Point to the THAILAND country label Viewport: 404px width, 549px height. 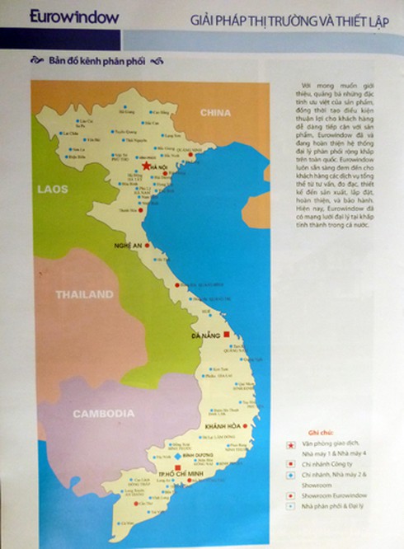[x=83, y=294]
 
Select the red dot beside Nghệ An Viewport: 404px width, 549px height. [x=148, y=246]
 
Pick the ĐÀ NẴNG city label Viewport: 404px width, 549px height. [x=206, y=336]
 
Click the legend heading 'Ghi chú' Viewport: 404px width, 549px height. [x=308, y=433]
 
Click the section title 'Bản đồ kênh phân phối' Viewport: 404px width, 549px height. [x=92, y=62]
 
